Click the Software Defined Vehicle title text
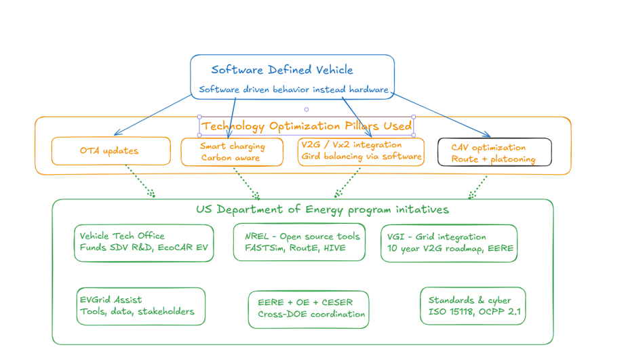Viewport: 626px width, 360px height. (x=281, y=70)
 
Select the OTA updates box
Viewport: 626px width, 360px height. (x=111, y=151)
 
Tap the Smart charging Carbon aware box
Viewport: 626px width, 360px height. (x=232, y=152)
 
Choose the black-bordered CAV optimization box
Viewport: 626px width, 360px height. (x=493, y=153)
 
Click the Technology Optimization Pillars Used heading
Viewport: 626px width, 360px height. (x=307, y=126)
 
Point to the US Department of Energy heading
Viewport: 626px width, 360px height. (x=322, y=209)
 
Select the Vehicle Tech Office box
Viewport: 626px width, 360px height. (x=144, y=243)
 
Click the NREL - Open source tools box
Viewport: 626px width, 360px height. (x=302, y=242)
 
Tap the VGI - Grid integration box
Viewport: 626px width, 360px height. (x=449, y=243)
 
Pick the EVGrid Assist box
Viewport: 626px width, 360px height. (x=140, y=306)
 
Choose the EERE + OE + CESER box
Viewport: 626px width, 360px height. (x=309, y=309)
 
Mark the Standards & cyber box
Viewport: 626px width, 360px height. (x=473, y=306)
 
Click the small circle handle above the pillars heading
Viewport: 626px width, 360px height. (x=307, y=109)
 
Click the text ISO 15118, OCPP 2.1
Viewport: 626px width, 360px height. (x=474, y=313)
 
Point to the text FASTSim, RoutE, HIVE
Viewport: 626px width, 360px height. (x=295, y=248)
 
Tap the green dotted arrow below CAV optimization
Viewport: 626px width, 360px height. (x=479, y=186)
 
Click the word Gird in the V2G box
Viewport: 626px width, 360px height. (x=313, y=157)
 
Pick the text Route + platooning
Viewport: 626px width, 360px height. (x=493, y=159)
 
